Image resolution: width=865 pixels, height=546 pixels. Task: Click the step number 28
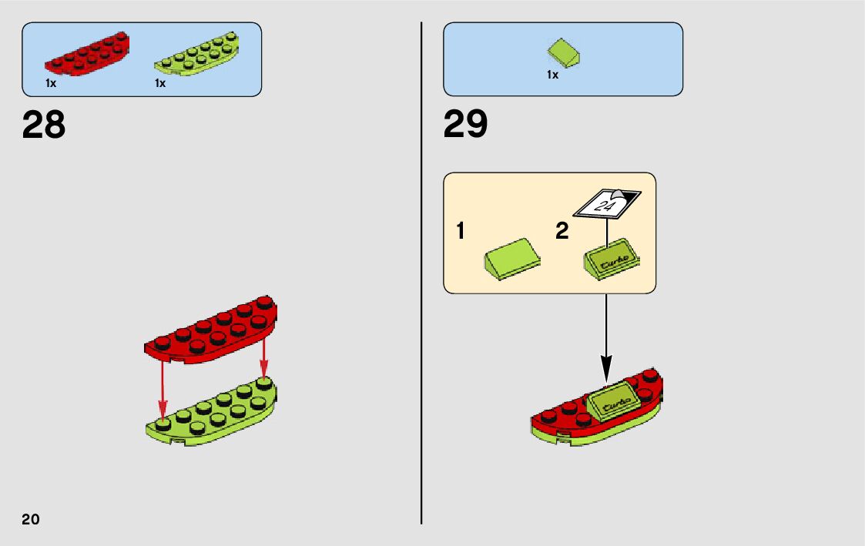pyautogui.click(x=44, y=125)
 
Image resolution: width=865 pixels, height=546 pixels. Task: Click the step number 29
pyautogui.click(x=465, y=125)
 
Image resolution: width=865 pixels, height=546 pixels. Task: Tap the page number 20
pyautogui.click(x=31, y=518)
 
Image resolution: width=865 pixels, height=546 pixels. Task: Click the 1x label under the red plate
pyautogui.click(x=51, y=83)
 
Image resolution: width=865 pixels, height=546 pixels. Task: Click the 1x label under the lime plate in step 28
pyautogui.click(x=160, y=83)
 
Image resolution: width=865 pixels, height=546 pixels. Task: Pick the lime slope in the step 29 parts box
pyautogui.click(x=564, y=53)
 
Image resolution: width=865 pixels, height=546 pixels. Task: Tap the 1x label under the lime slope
pyautogui.click(x=552, y=75)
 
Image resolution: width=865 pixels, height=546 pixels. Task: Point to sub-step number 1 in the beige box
pyautogui.click(x=460, y=231)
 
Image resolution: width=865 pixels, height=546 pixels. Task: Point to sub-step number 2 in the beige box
pyautogui.click(x=562, y=231)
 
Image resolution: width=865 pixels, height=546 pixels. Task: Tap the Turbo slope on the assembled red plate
pyautogui.click(x=614, y=403)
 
